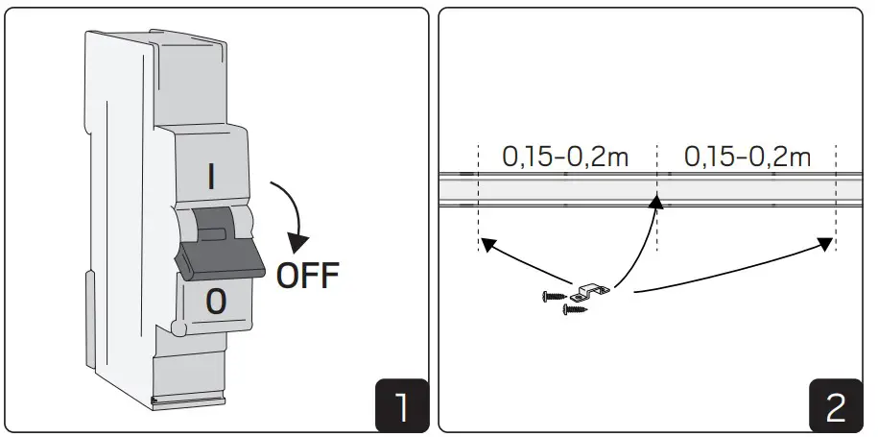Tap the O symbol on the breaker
click(217, 303)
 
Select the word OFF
click(307, 276)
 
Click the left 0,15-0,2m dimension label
click(566, 158)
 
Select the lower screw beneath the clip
click(575, 308)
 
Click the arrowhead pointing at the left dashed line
click(488, 246)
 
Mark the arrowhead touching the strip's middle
click(655, 201)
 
